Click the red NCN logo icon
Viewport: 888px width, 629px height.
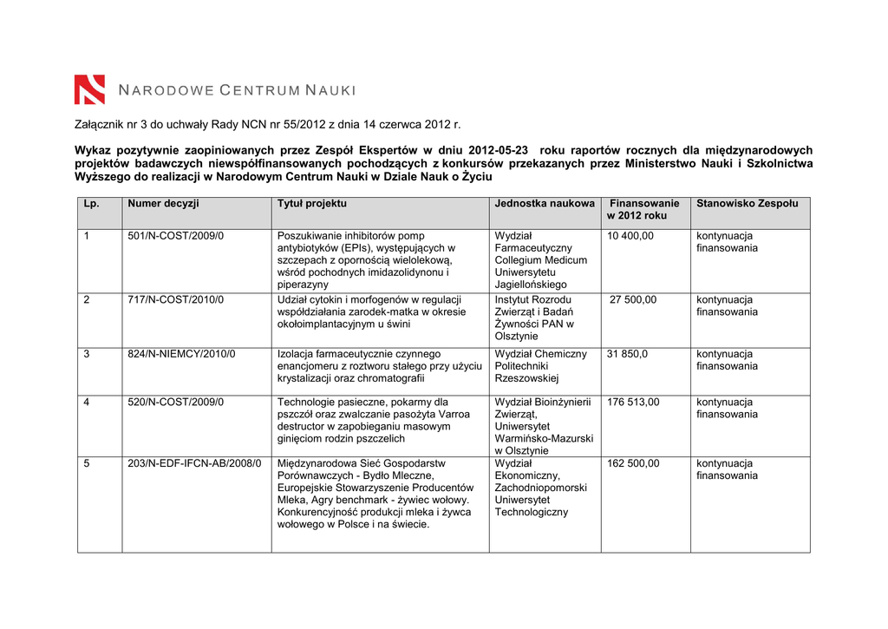(89, 89)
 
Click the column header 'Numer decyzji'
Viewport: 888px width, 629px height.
(163, 203)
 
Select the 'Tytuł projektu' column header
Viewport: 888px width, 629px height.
(311, 203)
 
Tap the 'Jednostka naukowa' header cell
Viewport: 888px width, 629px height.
(545, 203)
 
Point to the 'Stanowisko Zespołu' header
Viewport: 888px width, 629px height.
(747, 203)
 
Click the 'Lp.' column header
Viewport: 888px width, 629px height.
(91, 203)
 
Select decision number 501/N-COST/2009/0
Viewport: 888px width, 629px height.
(175, 236)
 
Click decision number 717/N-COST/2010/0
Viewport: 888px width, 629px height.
(175, 299)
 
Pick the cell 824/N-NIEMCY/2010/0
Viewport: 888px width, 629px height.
(181, 354)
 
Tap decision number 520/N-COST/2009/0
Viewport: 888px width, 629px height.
(175, 402)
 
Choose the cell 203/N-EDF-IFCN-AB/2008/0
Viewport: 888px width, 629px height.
(194, 463)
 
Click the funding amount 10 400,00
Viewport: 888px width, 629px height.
(630, 236)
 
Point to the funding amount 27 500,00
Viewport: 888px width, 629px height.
(633, 299)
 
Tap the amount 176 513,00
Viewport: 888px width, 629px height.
(633, 402)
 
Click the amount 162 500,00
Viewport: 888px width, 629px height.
(633, 463)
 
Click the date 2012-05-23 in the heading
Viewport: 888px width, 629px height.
(499, 150)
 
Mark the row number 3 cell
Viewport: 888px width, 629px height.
(87, 354)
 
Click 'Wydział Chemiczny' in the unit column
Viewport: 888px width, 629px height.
(540, 354)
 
